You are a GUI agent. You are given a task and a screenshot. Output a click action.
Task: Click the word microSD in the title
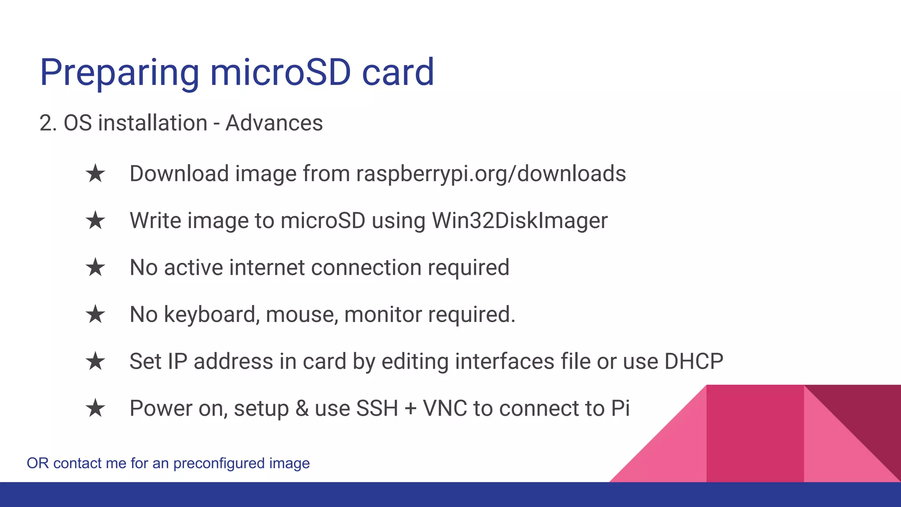[x=280, y=72]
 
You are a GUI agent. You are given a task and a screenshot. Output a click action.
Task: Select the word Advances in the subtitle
[x=274, y=123]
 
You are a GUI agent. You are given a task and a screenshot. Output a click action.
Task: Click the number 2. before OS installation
[x=48, y=123]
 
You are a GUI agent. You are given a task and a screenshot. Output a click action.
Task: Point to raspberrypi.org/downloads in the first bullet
[x=491, y=174]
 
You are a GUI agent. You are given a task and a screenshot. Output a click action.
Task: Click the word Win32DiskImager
[x=520, y=221]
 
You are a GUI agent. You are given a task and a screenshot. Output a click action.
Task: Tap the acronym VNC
[x=445, y=408]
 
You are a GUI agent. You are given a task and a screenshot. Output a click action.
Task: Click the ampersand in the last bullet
[x=302, y=409]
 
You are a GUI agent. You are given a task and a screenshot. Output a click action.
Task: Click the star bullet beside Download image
[x=95, y=173]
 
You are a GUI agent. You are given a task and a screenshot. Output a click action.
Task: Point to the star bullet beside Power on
[x=95, y=408]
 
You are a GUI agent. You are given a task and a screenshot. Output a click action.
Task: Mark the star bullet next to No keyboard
[x=95, y=314]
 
